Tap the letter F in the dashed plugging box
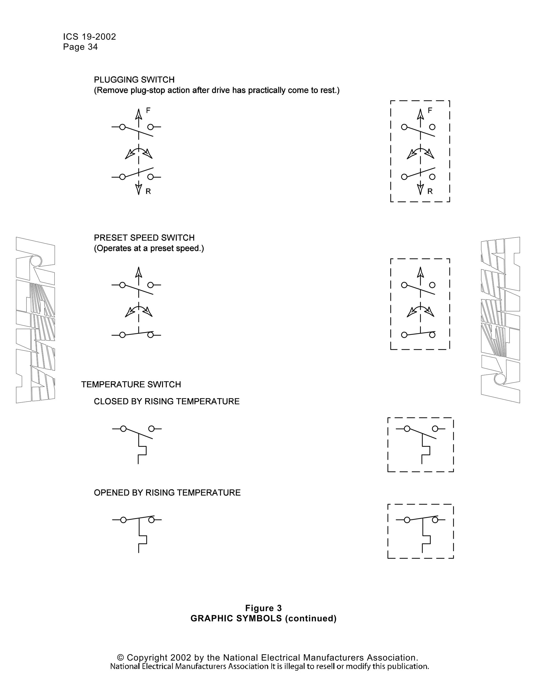[x=430, y=110]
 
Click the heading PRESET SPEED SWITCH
[x=144, y=238]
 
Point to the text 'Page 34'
[x=80, y=47]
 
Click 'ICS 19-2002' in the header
[x=90, y=37]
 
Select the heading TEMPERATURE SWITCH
[x=131, y=384]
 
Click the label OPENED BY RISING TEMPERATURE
[x=167, y=493]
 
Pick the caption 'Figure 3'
[x=263, y=608]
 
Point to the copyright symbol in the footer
[x=120, y=657]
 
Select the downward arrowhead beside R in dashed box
[x=420, y=190]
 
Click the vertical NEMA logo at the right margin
[x=500, y=320]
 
